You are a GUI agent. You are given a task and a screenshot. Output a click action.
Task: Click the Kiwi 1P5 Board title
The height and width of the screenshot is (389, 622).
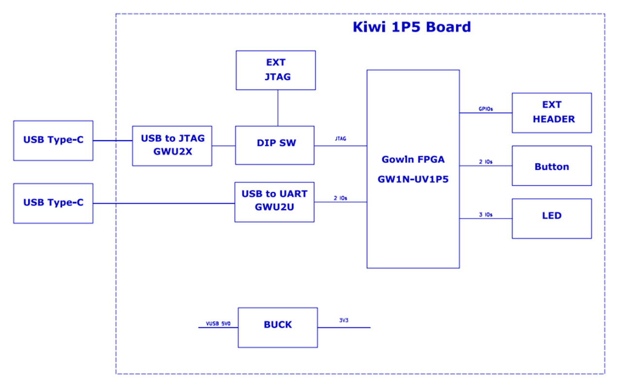coord(412,27)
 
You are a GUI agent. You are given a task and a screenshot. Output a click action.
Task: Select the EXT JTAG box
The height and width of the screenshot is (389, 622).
coord(276,71)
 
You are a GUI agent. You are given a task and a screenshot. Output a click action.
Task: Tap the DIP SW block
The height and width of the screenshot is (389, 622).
coord(275,145)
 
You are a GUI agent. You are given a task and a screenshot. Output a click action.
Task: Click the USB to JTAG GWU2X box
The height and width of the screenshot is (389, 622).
coord(172,146)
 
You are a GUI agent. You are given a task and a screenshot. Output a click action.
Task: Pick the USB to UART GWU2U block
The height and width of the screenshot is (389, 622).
coord(275,202)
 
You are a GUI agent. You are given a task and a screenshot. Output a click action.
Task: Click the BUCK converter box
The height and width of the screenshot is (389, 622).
coord(277,327)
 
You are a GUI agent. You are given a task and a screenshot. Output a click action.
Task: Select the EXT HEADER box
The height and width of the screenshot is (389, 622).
coord(552,113)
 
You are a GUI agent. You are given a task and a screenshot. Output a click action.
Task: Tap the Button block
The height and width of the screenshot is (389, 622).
coord(552,166)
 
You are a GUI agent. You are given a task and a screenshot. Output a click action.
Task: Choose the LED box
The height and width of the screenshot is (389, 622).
coord(552,218)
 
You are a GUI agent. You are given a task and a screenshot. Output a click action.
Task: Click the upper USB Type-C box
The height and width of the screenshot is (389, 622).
coord(53,141)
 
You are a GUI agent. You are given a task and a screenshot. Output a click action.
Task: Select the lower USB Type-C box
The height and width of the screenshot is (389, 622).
coord(53,203)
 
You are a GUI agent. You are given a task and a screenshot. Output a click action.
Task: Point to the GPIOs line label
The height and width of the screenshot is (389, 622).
coord(485,109)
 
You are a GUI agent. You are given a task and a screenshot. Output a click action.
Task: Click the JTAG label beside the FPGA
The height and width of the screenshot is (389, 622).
coord(341,139)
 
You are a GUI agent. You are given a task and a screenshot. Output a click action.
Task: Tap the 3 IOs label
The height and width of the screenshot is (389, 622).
coord(485,214)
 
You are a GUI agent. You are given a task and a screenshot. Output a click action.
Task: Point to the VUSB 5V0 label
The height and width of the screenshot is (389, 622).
coord(218,323)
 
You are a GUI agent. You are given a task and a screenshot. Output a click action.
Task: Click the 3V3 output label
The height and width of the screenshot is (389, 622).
coord(344,320)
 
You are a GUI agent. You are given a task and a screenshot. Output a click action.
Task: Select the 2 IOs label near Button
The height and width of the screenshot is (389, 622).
coord(485,162)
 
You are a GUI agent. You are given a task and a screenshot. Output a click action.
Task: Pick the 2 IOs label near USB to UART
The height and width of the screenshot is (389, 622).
coord(341,198)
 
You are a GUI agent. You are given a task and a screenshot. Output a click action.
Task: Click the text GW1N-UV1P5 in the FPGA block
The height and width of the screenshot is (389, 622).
coord(413,179)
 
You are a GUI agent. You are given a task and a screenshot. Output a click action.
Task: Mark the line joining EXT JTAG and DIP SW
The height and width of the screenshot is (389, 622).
coord(277,108)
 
